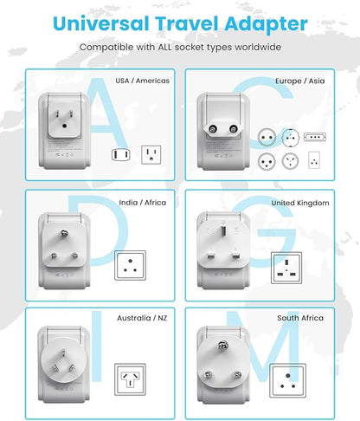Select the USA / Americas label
pos(143,81)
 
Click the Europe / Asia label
pos(300,81)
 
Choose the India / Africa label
pos(144,202)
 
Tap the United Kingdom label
pos(299,203)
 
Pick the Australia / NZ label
pos(143,318)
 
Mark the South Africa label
pos(300,318)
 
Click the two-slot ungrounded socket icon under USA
pos(120,155)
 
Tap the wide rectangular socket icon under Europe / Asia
pos(314,136)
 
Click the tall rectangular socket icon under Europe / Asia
pos(314,159)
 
